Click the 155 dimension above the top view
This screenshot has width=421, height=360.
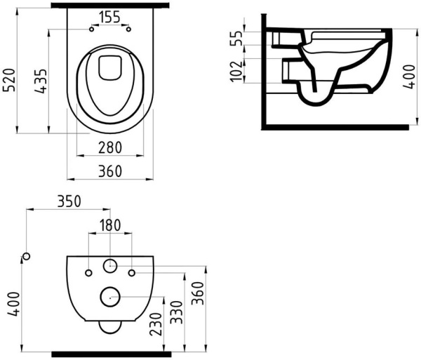[x=111, y=16]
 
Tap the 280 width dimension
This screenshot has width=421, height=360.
[x=111, y=148]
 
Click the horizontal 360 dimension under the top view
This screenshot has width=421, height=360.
[x=111, y=171]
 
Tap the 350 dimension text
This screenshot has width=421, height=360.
[x=69, y=201]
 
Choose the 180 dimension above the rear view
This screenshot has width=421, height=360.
[x=109, y=225]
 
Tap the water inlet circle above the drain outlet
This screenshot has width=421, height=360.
[x=110, y=266]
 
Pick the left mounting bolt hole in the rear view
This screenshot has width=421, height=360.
[x=88, y=272]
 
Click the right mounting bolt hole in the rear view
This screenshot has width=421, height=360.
[x=132, y=272]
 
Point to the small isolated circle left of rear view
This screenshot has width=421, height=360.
[x=26, y=255]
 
